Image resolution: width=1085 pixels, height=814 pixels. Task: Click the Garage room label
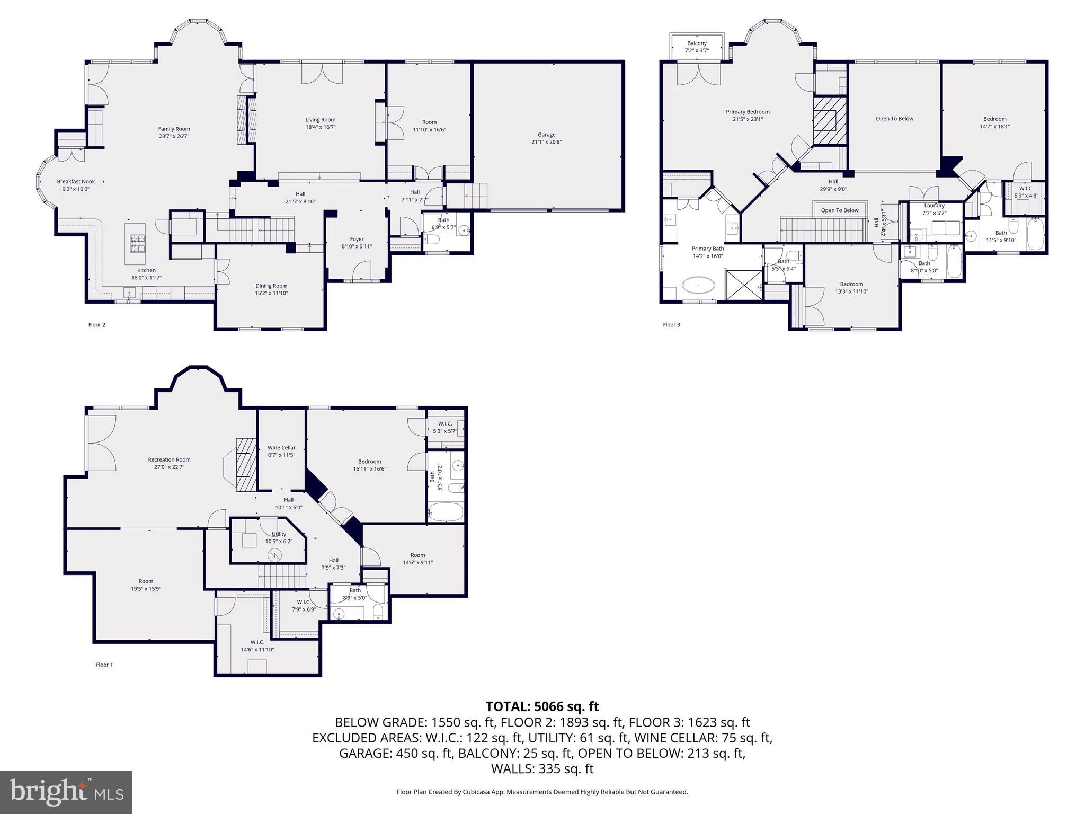tap(546, 135)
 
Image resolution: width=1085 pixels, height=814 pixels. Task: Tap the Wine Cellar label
tap(281, 448)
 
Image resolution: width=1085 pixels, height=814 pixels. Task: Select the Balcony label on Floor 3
tap(697, 43)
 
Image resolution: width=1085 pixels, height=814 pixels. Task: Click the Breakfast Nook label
tap(76, 181)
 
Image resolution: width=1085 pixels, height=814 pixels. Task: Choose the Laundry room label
tap(934, 206)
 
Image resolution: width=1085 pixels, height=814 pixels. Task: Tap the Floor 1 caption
tap(104, 665)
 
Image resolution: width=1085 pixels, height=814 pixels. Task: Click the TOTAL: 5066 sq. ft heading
tap(542, 706)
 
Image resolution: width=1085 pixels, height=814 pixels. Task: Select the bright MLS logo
tap(66, 792)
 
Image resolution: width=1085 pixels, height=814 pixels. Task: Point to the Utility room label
tap(279, 534)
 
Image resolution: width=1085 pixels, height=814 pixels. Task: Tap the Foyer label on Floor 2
tap(357, 239)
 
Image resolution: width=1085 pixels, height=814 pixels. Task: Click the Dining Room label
tap(271, 286)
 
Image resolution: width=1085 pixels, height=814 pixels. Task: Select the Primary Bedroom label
tap(748, 112)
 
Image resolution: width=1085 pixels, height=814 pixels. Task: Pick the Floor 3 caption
tap(671, 325)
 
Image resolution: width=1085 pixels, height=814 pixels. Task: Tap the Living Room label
tap(320, 120)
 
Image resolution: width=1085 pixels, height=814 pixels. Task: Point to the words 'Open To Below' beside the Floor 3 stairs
tap(839, 210)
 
